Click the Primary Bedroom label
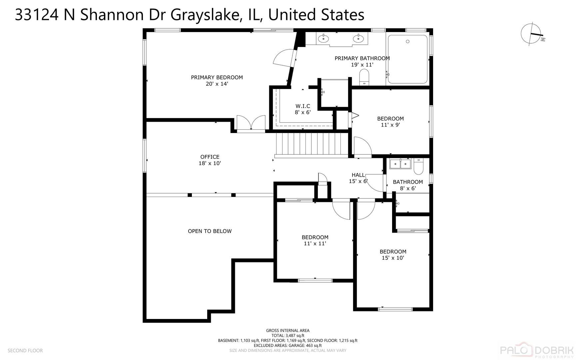click(x=217, y=77)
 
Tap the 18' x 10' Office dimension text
click(x=210, y=163)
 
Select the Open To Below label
click(x=210, y=231)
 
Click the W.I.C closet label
click(x=302, y=106)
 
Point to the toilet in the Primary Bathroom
click(x=364, y=76)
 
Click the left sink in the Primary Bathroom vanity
click(x=323, y=39)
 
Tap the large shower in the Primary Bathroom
click(x=407, y=59)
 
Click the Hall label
click(x=358, y=175)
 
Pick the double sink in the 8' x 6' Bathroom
click(x=400, y=164)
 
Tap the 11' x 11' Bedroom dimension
click(x=315, y=244)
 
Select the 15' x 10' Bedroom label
click(x=393, y=252)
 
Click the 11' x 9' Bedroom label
click(x=390, y=119)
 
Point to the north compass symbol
click(x=532, y=34)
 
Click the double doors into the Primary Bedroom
click(x=251, y=123)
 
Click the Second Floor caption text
click(x=25, y=350)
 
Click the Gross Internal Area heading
click(x=288, y=331)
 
